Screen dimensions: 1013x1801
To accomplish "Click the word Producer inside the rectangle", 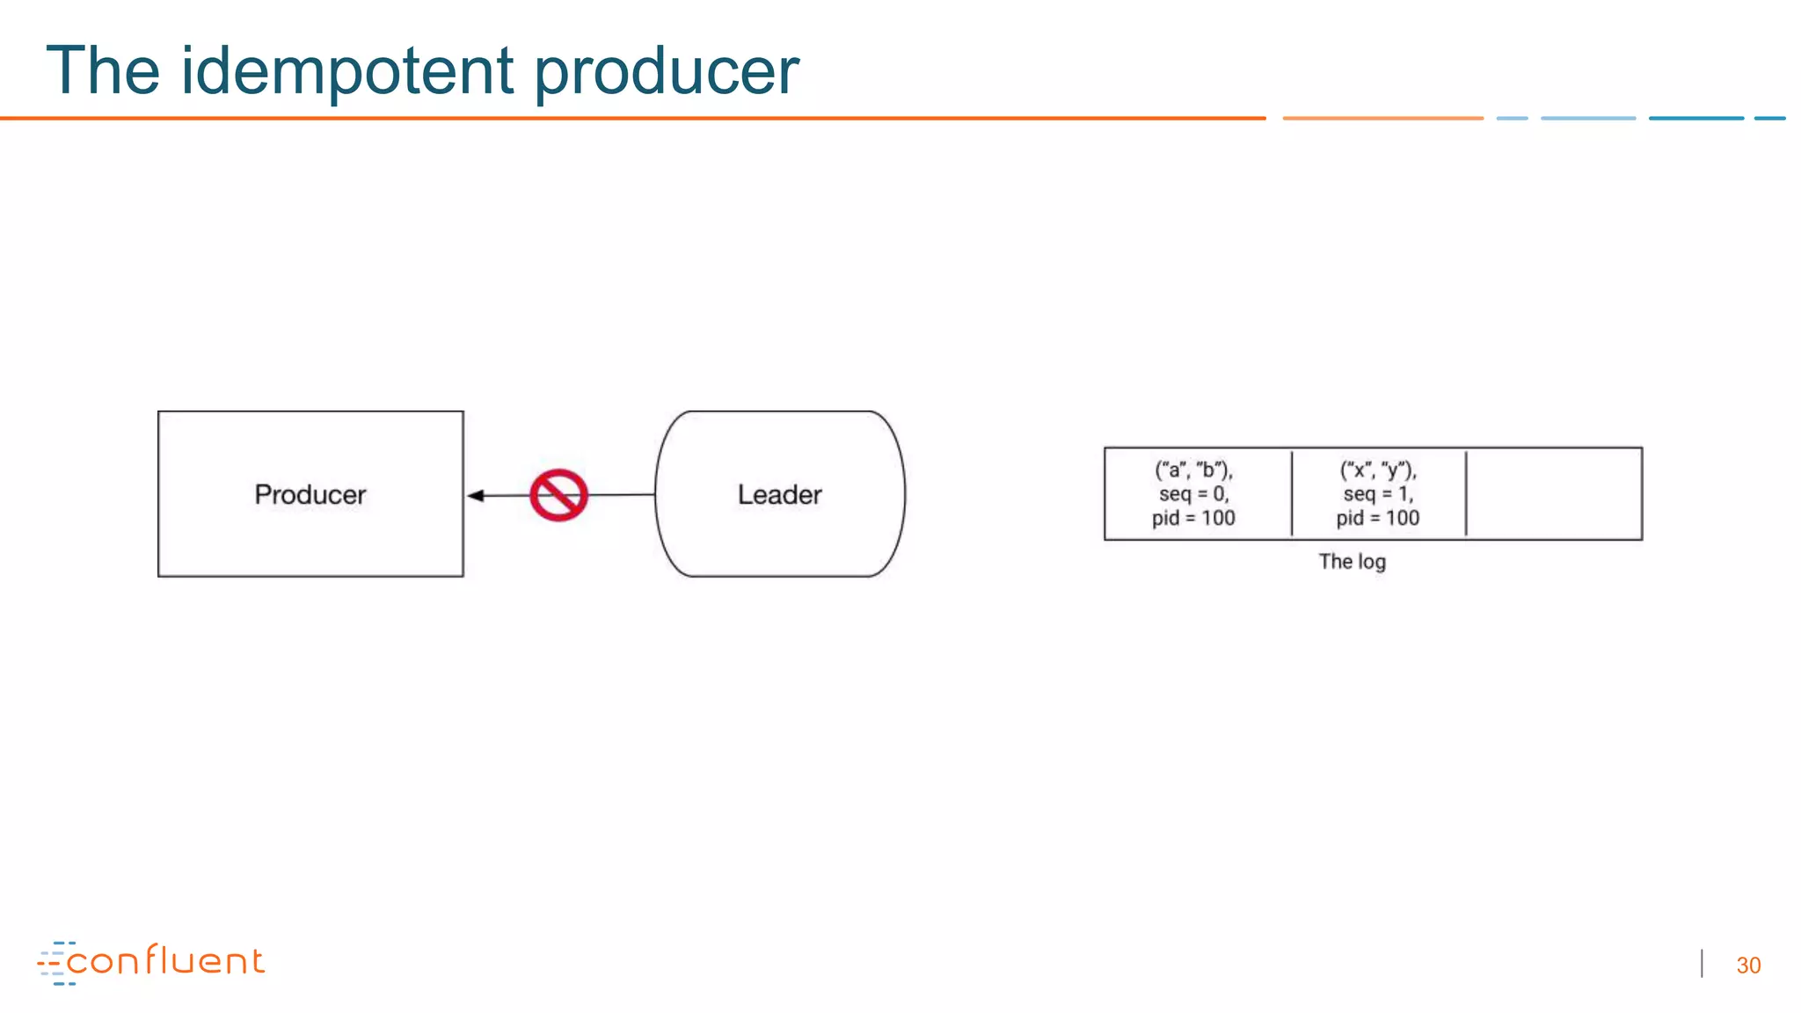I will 310,494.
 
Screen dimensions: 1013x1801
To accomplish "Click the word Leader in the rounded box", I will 779,494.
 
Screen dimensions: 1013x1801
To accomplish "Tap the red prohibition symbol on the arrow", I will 558,495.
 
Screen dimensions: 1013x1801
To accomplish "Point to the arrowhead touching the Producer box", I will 476,496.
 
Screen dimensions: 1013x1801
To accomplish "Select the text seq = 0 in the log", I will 1193,494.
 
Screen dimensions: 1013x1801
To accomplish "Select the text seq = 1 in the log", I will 1377,494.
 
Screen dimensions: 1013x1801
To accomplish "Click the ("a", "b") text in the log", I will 1193,470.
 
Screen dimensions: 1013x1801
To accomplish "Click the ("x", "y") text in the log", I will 1377,470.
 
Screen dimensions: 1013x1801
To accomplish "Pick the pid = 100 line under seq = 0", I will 1193,518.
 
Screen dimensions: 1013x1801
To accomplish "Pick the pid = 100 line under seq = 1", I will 1377,518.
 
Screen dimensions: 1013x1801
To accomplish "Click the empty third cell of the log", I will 1553,494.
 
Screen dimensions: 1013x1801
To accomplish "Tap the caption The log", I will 1352,561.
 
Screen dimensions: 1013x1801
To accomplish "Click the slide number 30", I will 1748,966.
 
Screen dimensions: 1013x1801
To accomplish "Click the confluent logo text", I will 165,961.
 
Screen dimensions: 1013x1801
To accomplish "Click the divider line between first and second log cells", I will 1292,493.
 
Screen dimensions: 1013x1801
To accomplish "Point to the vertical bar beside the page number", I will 1703,964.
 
